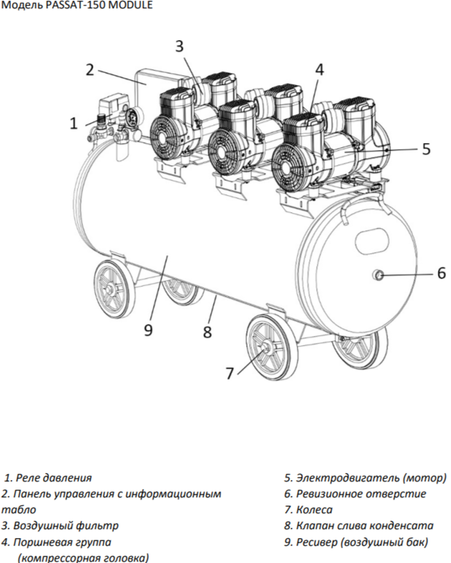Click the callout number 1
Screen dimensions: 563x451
point(74,124)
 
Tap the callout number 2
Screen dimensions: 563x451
point(89,69)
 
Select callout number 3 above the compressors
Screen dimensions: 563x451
point(179,46)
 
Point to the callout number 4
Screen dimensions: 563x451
point(319,69)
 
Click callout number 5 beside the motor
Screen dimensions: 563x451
point(426,148)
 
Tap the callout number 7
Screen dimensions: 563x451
point(230,373)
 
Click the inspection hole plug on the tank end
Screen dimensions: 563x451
point(379,276)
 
